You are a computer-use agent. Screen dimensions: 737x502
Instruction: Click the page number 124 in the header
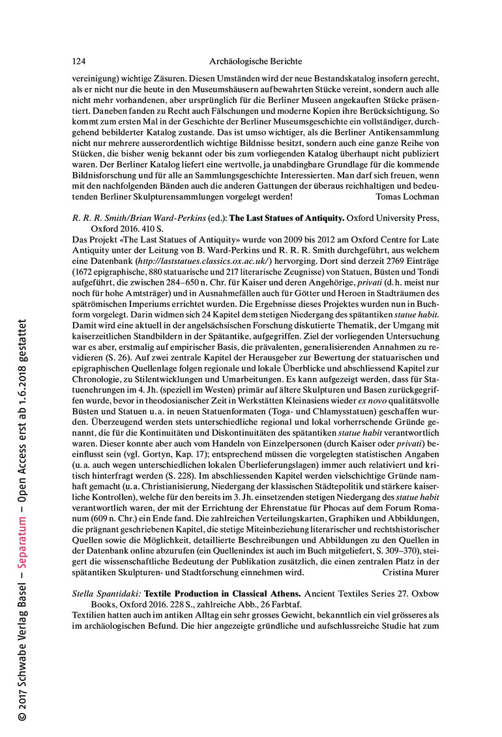78,61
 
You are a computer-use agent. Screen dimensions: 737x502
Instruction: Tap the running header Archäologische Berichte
256,61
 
